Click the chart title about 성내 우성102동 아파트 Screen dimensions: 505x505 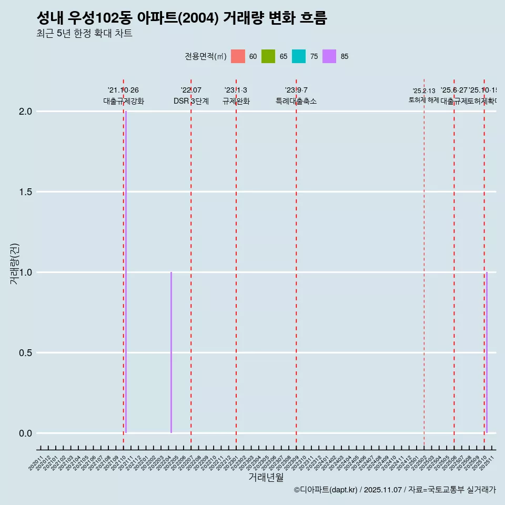[x=181, y=18]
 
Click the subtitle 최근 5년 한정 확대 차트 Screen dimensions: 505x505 [x=84, y=34]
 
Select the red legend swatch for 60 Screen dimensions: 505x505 [x=238, y=56]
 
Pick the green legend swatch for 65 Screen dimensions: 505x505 [x=268, y=56]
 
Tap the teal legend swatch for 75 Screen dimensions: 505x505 [x=299, y=56]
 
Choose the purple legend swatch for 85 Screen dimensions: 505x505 [x=329, y=56]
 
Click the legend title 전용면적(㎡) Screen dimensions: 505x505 [x=206, y=56]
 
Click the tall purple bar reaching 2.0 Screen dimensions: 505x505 [x=126, y=271]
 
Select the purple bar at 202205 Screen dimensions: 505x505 [x=171, y=352]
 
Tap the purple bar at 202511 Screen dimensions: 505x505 [x=487, y=352]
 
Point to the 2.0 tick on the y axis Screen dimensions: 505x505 [x=26, y=112]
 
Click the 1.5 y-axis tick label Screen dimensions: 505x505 [x=26, y=192]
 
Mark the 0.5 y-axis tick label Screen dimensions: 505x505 [x=26, y=353]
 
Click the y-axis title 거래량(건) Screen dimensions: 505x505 [x=14, y=263]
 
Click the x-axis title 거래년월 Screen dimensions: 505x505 [x=266, y=477]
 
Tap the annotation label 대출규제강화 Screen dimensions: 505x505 [x=123, y=101]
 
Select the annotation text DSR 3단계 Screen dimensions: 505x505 [x=191, y=101]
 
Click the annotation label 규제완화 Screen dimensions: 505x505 [x=236, y=101]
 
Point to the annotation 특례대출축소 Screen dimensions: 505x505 [x=296, y=101]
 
